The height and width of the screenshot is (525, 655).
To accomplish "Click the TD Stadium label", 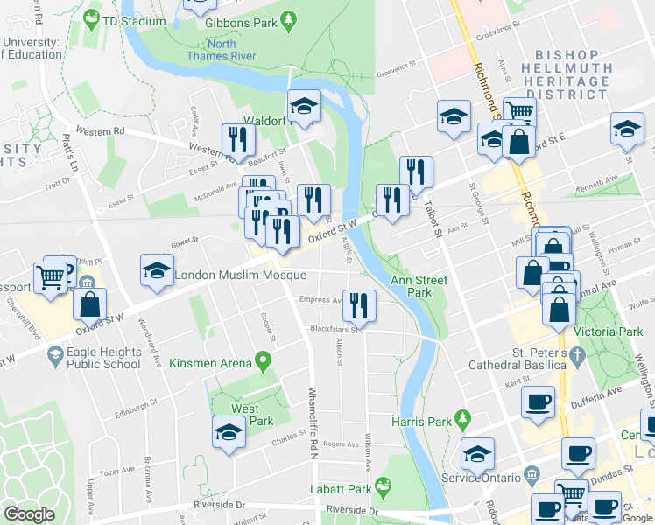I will coord(133,21).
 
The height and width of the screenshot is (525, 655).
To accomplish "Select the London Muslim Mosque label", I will coord(241,275).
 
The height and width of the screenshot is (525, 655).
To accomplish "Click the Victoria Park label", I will coord(609,332).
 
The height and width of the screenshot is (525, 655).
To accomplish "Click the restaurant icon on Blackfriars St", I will coord(359,304).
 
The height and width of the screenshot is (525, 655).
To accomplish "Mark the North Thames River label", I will coord(222,50).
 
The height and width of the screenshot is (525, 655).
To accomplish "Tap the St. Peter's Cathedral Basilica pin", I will coord(575,357).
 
